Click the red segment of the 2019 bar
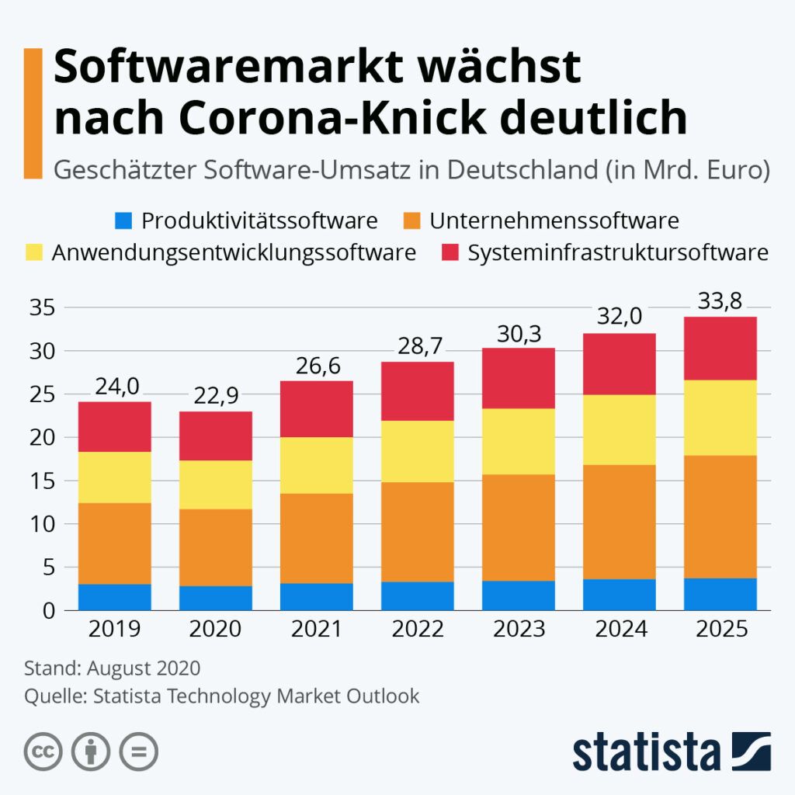(x=115, y=426)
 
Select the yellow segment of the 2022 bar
(x=418, y=451)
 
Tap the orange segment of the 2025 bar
(x=720, y=516)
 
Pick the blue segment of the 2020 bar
(x=216, y=598)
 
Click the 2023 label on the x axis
(x=519, y=628)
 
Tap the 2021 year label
(x=317, y=628)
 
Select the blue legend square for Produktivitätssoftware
(x=124, y=221)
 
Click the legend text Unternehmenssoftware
(x=554, y=221)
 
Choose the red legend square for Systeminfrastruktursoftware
(x=450, y=253)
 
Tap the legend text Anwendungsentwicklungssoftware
(x=233, y=253)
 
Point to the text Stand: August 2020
(x=113, y=668)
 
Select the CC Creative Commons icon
(x=43, y=752)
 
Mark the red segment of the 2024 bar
(x=619, y=364)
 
